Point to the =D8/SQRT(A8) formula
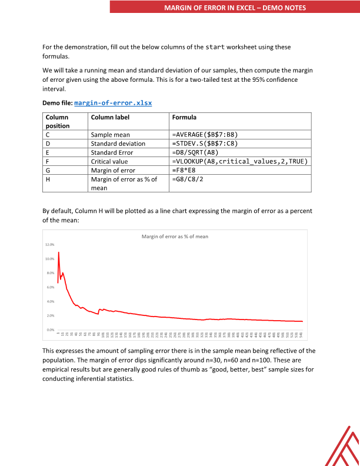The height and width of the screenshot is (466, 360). tap(198, 152)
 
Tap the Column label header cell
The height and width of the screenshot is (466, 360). tap(110, 118)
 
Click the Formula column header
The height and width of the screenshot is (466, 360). tap(184, 118)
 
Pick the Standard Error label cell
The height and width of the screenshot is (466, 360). tap(112, 152)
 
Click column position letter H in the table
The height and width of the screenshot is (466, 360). tap(48, 179)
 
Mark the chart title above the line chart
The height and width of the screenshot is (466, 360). tap(175, 237)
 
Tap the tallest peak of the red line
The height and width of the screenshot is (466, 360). tap(59, 252)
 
